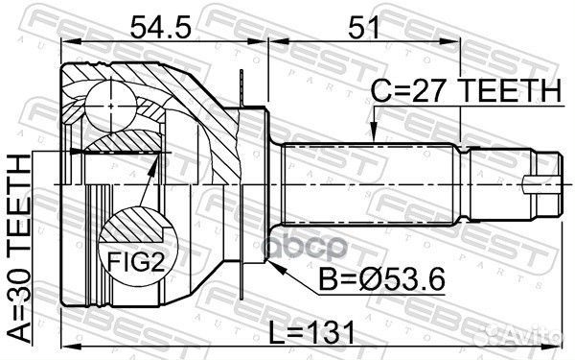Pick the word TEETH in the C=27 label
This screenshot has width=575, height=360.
[x=514, y=91]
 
